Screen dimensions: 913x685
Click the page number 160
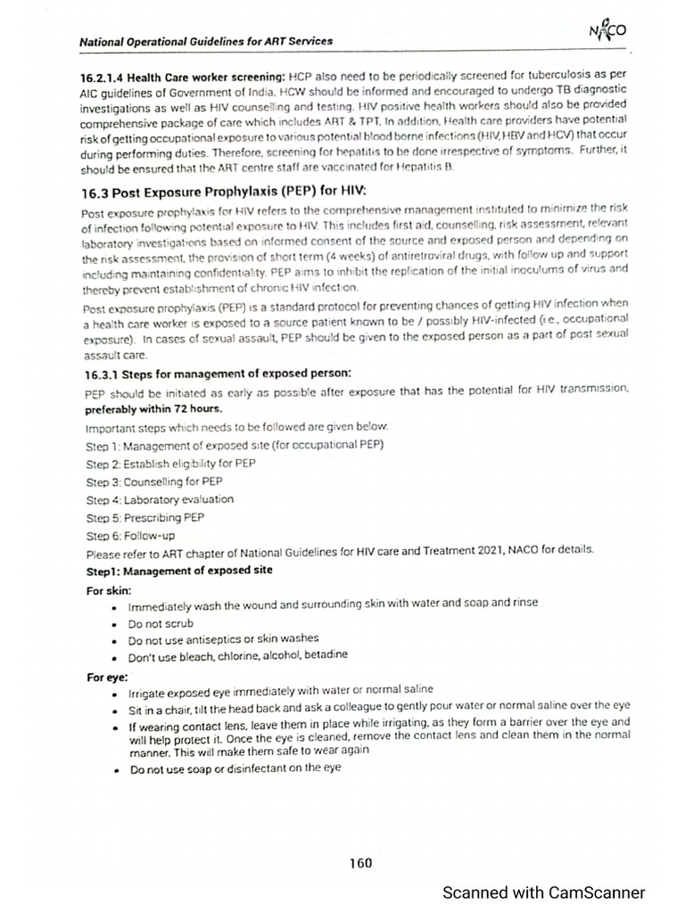[360, 862]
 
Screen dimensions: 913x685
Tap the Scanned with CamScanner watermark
[544, 892]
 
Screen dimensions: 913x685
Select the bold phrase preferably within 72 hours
[153, 410]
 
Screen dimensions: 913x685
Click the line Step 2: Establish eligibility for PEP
[171, 464]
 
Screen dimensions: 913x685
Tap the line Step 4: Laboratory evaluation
[160, 499]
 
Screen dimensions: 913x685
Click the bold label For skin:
[110, 589]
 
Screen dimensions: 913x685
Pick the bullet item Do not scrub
[161, 623]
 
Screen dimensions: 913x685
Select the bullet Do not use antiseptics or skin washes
[223, 638]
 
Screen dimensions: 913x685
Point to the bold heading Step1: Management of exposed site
[179, 570]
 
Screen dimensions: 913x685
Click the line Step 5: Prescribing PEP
[145, 517]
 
